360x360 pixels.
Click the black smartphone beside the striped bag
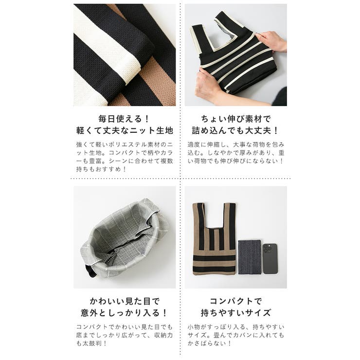[x=270, y=259]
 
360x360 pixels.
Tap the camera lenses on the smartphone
[x=268, y=249]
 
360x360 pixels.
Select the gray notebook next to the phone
[x=250, y=256]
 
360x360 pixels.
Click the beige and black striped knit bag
[x=214, y=238]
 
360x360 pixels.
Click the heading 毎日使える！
[x=125, y=119]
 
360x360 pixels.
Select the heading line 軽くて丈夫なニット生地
[x=125, y=131]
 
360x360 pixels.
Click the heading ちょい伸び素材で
[x=235, y=119]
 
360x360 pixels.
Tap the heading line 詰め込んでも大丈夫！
[x=235, y=131]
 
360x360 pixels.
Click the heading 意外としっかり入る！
[x=125, y=313]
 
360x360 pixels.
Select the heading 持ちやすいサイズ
[x=235, y=313]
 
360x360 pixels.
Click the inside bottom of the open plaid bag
[x=122, y=248]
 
